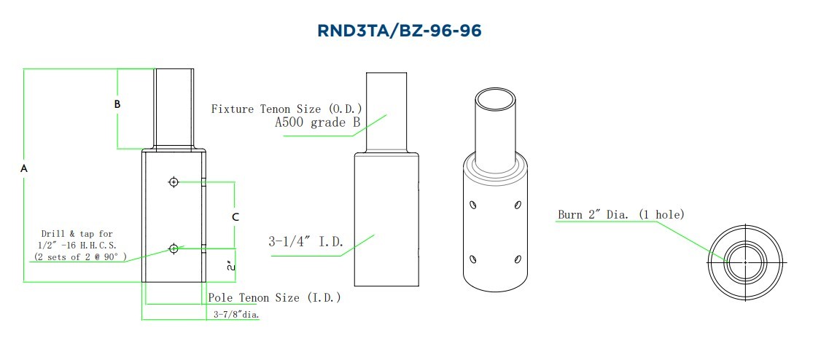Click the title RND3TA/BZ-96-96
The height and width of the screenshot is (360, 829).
[399, 31]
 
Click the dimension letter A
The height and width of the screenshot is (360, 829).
[24, 168]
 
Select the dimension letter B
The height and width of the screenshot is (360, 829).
[117, 103]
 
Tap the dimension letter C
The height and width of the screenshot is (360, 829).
[236, 216]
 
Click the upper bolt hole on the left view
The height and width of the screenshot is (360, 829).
[174, 182]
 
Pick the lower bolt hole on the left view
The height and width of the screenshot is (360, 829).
[174, 248]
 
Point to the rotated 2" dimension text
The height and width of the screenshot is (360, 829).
[230, 265]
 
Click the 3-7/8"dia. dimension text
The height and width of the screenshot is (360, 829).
[236, 315]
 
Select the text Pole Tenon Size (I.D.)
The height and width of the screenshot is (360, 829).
[274, 297]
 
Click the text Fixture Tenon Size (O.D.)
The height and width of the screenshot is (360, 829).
[287, 109]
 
